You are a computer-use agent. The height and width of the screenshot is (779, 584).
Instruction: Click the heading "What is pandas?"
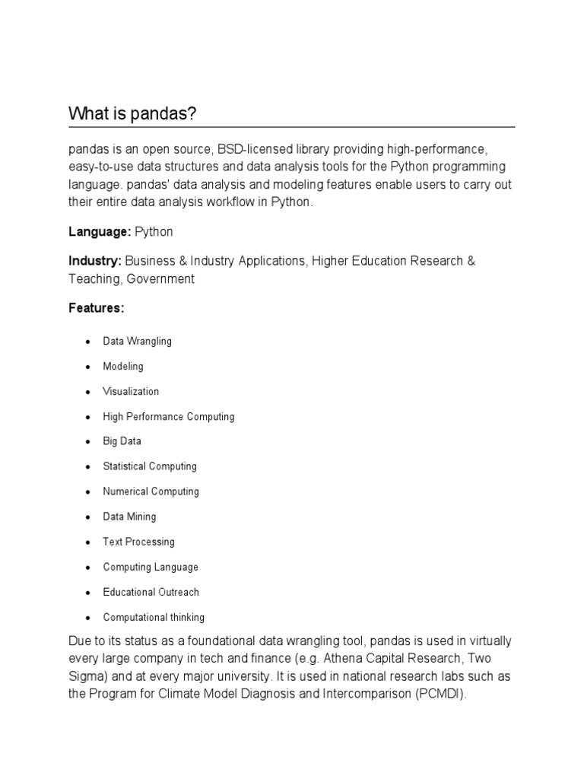pyautogui.click(x=132, y=114)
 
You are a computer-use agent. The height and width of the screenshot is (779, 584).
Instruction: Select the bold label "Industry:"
pyautogui.click(x=95, y=261)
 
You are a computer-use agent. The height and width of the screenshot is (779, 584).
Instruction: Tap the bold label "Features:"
pyautogui.click(x=96, y=309)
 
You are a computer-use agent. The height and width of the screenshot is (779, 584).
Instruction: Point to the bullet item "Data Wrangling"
pyautogui.click(x=138, y=342)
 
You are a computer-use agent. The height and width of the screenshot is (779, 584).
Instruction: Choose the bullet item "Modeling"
pyautogui.click(x=123, y=367)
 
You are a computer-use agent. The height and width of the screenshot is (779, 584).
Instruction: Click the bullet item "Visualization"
pyautogui.click(x=131, y=392)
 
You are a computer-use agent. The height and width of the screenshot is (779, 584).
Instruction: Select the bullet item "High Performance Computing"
pyautogui.click(x=169, y=417)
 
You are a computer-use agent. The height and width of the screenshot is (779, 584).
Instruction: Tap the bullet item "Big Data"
pyautogui.click(x=122, y=441)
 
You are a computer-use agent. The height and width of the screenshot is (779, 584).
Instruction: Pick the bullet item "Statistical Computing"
pyautogui.click(x=150, y=466)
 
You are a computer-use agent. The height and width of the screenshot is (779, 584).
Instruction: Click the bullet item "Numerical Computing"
pyautogui.click(x=151, y=491)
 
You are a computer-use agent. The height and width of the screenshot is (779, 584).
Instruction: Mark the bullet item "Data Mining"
pyautogui.click(x=129, y=517)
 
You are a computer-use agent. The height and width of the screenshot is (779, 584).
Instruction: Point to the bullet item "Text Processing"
pyautogui.click(x=138, y=542)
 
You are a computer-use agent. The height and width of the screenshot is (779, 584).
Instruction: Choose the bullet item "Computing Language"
pyautogui.click(x=151, y=567)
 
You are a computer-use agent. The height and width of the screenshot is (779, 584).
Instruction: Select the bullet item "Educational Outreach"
pyautogui.click(x=151, y=592)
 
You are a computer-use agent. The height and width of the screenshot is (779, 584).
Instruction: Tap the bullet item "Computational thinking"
pyautogui.click(x=154, y=618)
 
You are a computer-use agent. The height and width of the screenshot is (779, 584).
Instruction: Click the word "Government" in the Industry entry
pyautogui.click(x=160, y=278)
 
